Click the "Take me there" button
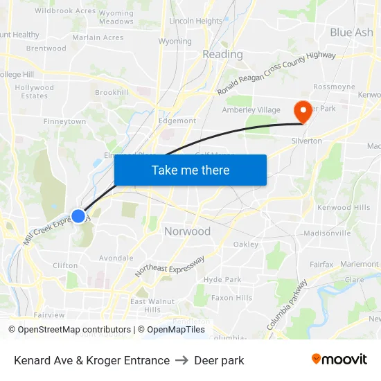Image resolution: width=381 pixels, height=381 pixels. point(190,170)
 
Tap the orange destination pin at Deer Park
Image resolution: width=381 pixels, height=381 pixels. point(303,112)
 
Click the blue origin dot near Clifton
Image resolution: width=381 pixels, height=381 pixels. point(78,216)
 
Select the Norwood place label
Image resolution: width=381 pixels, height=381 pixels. point(187,231)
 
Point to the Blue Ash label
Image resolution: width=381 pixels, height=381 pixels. point(351,33)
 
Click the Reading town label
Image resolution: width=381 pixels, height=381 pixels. point(222,54)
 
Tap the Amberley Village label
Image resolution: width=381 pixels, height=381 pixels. point(251,110)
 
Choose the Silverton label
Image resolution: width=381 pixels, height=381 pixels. point(306,141)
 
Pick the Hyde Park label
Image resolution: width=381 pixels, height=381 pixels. point(222,279)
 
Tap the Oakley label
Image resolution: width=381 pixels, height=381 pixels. point(245,244)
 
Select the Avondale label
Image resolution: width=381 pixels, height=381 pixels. point(116,258)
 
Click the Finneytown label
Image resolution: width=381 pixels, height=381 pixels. point(64,121)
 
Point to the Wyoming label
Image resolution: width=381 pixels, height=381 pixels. point(175,42)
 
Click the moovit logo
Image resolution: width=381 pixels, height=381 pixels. point(339,360)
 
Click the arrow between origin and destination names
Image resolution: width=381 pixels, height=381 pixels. point(181,360)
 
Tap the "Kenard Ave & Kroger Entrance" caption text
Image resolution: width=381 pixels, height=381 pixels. point(91,360)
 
